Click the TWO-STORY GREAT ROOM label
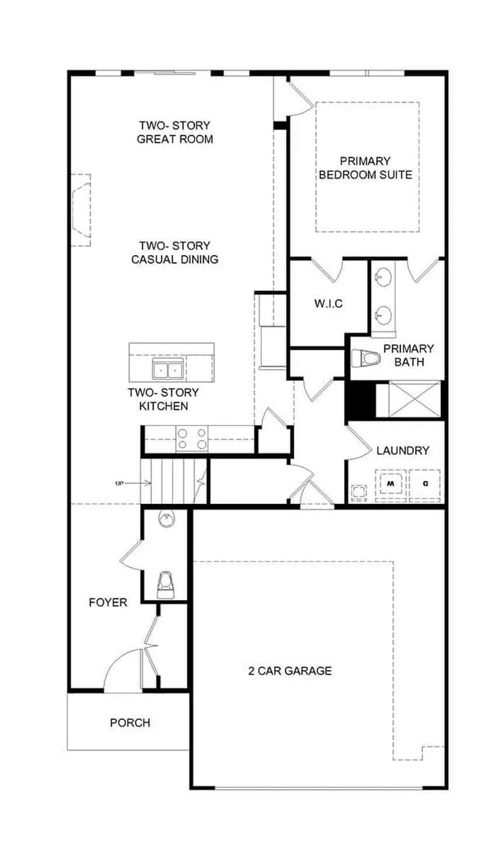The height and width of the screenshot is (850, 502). tap(175, 133)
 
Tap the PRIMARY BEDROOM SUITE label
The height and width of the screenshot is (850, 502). tap(365, 168)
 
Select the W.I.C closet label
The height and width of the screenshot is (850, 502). tap(328, 304)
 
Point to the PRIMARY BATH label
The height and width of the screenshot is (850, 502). tap(409, 355)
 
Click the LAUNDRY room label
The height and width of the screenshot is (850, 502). tap(403, 451)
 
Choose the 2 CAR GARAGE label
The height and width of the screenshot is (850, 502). tap(290, 671)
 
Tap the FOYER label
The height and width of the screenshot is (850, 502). tap(108, 602)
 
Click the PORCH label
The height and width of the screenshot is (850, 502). tap(130, 723)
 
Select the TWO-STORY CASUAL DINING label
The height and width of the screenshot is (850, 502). tap(175, 253)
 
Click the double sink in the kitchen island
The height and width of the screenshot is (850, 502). tap(168, 370)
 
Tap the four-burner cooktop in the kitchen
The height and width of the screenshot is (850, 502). tap(192, 439)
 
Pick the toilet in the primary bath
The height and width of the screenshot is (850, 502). tap(365, 358)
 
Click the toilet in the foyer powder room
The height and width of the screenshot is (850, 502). tap(166, 584)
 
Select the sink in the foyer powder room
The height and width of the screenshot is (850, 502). tap(166, 518)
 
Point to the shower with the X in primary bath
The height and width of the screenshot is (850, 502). tap(414, 399)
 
